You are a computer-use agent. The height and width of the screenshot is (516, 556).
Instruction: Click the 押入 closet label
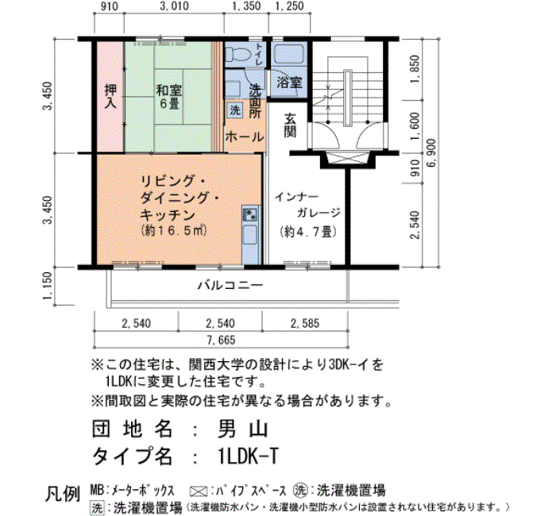(110, 96)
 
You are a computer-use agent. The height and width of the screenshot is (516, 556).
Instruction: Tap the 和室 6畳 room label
(169, 96)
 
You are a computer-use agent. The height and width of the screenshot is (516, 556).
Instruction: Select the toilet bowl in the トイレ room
(238, 54)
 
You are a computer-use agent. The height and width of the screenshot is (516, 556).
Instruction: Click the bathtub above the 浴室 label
(290, 54)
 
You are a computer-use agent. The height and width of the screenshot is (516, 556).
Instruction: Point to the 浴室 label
(289, 83)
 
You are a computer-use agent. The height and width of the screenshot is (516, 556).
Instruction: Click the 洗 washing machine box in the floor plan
(235, 110)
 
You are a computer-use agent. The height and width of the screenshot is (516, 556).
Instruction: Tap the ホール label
(245, 137)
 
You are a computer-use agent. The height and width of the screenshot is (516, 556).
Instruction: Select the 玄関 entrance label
(290, 125)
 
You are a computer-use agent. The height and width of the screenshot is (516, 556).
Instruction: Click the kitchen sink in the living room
(251, 214)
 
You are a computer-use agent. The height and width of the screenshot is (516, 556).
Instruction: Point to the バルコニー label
(230, 285)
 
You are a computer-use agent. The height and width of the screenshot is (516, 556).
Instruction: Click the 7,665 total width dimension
(221, 341)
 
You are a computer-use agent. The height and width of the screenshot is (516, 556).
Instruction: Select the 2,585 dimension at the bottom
(305, 323)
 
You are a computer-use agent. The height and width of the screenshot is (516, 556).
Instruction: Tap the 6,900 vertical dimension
(433, 152)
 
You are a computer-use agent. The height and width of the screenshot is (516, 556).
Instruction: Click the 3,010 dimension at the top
(174, 6)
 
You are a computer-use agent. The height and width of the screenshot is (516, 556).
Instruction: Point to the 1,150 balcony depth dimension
(47, 286)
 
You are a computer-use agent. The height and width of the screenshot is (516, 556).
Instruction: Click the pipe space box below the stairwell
(348, 158)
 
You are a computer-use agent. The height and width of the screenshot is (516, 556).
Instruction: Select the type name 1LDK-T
(248, 456)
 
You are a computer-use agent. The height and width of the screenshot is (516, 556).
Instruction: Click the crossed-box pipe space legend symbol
(199, 491)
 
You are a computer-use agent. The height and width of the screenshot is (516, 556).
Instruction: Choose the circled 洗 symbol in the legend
(300, 491)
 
